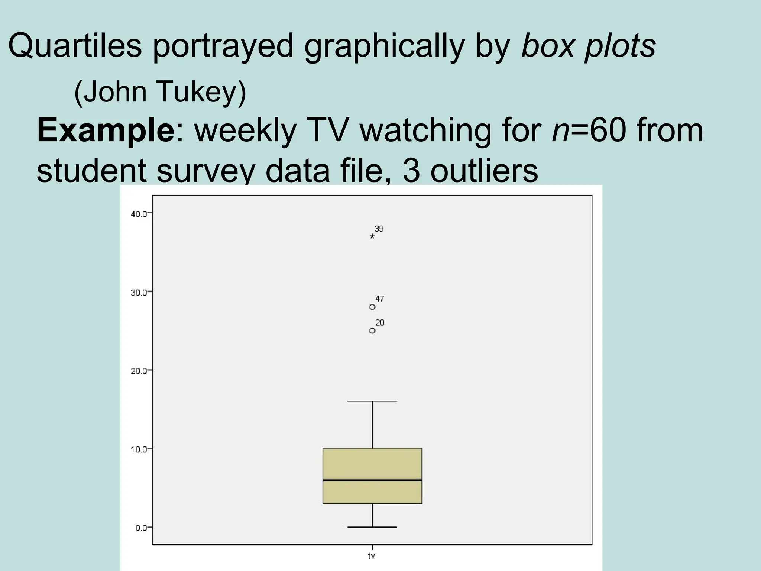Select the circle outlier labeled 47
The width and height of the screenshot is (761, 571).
point(372,307)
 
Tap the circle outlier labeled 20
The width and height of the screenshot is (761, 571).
point(372,331)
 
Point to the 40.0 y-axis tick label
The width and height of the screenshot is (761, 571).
point(139,214)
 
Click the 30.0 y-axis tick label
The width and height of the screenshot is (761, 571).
point(139,293)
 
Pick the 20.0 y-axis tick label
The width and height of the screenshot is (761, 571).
point(139,371)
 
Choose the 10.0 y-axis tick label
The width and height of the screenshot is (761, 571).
point(139,449)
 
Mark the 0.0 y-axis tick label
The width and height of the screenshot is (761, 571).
point(141,528)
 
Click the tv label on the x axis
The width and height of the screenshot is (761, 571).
point(372,556)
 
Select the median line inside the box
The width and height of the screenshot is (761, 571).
point(372,480)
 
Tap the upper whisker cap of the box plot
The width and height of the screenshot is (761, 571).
point(372,401)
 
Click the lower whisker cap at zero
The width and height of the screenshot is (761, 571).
point(372,527)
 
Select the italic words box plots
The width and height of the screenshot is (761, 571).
point(588,46)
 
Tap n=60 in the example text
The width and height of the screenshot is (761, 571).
point(589,131)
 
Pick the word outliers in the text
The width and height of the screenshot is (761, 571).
point(484,171)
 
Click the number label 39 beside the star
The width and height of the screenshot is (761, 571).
point(379,229)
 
